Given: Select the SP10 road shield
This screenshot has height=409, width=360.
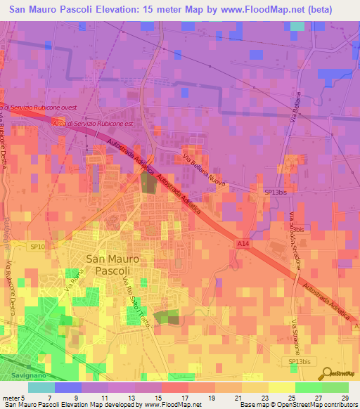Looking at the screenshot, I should pos(37,247).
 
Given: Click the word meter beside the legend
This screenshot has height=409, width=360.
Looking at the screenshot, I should pos(10,397).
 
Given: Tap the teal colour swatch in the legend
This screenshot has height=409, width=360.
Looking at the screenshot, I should pos(41,387).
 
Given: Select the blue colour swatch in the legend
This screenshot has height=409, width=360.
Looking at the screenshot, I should pos(68,387).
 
